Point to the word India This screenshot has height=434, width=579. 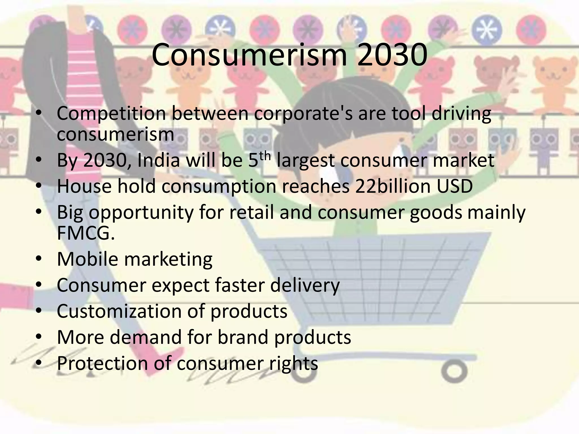(159, 160)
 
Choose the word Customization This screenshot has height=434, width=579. (119, 311)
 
